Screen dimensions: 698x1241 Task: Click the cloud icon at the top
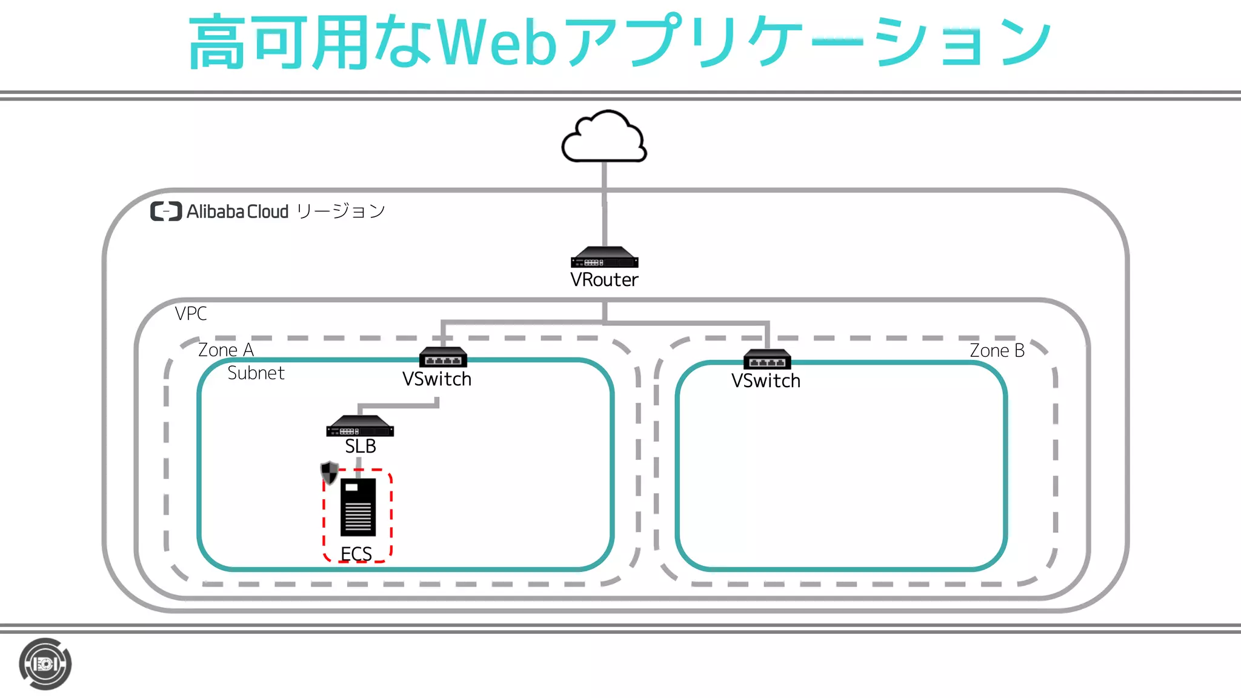tap(604, 137)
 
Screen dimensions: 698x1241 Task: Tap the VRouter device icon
tap(604, 258)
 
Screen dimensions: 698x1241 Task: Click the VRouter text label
tap(604, 280)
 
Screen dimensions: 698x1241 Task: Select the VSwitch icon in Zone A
tap(443, 357)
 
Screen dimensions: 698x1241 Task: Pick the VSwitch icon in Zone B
tap(767, 359)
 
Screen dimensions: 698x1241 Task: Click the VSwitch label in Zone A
tap(437, 379)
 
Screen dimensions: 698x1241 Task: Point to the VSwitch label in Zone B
tap(766, 381)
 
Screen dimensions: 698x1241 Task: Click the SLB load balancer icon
tap(360, 426)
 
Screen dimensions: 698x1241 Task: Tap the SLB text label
tap(361, 447)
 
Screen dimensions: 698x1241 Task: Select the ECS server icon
tap(358, 507)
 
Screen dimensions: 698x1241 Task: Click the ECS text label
tap(356, 554)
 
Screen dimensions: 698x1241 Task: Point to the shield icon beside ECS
tap(329, 473)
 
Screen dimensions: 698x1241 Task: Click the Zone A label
tap(226, 350)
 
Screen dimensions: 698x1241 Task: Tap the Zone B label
tap(997, 351)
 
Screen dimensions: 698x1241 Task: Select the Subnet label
tap(256, 373)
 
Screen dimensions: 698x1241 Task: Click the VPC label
tap(191, 314)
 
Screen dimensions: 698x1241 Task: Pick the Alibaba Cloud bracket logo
tap(166, 211)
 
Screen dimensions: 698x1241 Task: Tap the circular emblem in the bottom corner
tap(45, 664)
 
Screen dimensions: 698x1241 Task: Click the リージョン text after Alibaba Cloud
tap(341, 211)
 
